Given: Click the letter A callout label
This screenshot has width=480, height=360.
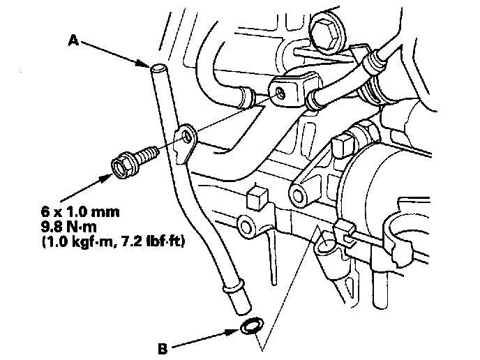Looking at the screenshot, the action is tap(73, 40).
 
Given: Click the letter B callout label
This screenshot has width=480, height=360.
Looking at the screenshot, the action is tap(163, 349).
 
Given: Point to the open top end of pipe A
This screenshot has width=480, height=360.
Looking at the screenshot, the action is tap(158, 68).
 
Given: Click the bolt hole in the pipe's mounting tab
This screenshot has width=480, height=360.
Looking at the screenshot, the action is tap(187, 137).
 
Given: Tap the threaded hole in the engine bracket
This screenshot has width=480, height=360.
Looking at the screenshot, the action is tap(280, 93).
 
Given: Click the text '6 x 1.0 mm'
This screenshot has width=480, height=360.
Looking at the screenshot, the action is tap(80, 212).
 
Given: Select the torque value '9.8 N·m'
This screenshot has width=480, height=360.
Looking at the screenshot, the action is tap(69, 227).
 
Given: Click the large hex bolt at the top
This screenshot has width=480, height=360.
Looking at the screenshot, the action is tap(326, 33).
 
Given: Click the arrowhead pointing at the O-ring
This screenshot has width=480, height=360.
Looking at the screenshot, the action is tap(233, 331).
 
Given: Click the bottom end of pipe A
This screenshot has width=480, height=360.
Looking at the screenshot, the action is tap(243, 310).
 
